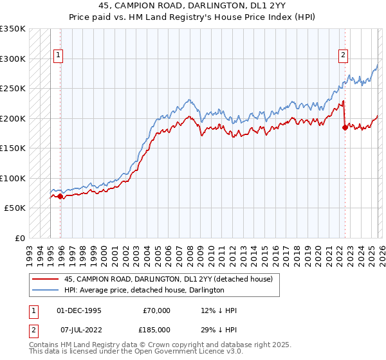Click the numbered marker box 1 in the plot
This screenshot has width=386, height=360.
[58, 56]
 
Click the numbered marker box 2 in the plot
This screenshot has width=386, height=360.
[343, 56]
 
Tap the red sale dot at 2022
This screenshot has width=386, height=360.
[345, 127]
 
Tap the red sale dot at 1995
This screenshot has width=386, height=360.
[60, 196]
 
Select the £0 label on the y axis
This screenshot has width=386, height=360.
[19, 238]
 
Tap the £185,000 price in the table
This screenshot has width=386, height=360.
[156, 328]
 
